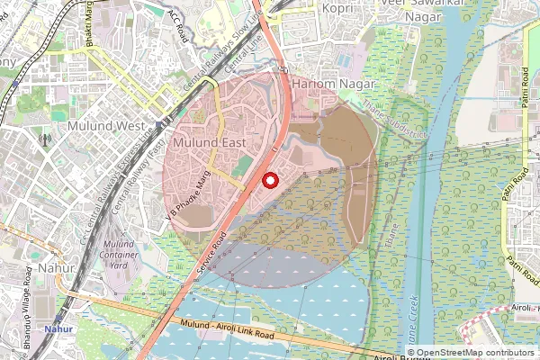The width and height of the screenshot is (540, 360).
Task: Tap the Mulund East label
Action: [x=209, y=143]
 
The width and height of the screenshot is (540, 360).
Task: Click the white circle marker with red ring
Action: [x=269, y=179]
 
